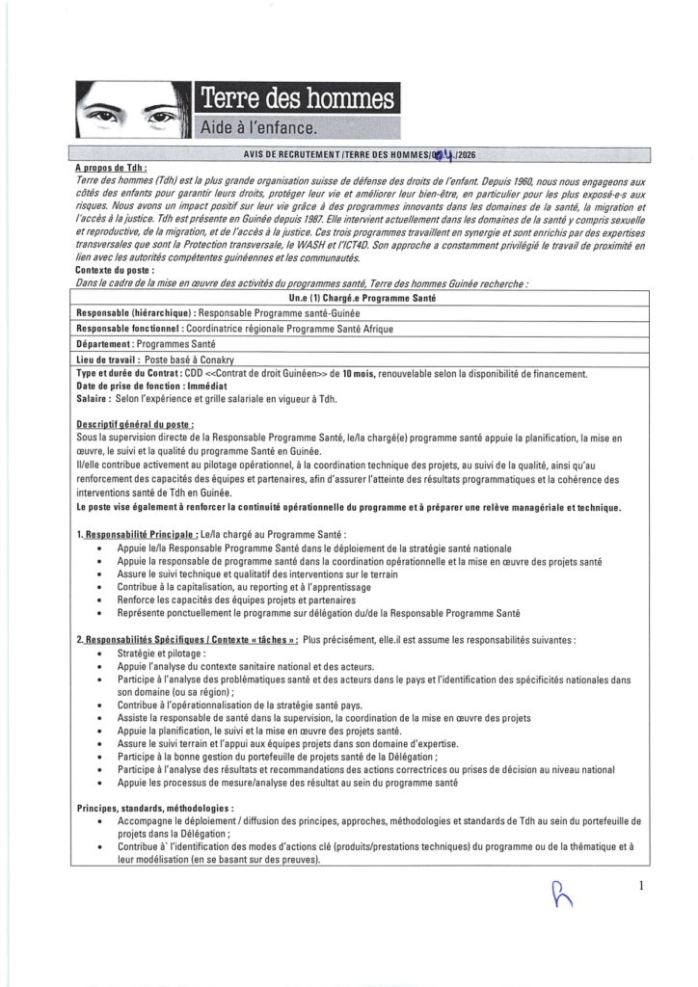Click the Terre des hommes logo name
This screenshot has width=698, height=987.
click(x=295, y=98)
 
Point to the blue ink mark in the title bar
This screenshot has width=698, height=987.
click(x=443, y=155)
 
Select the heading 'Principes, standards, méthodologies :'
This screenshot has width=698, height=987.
click(x=154, y=806)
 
